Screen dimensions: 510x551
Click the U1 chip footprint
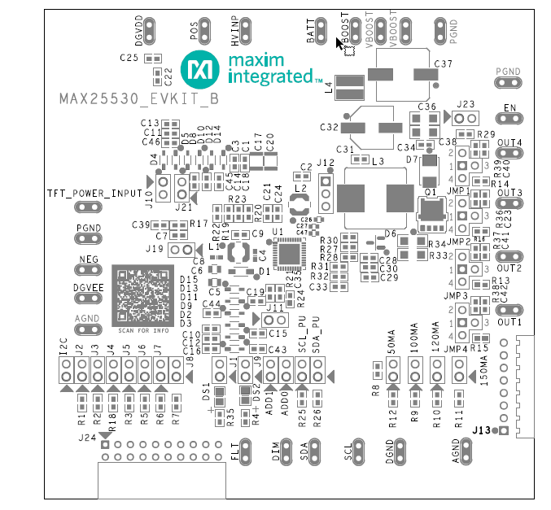[x=286, y=255]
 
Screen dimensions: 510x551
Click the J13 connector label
[x=486, y=429]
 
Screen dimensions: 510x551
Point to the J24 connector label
[x=88, y=438]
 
